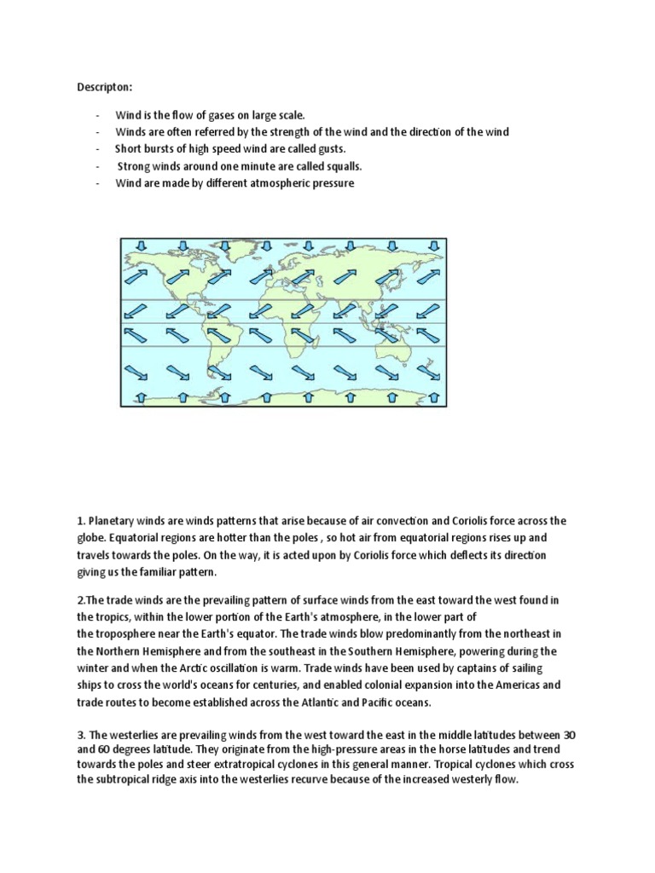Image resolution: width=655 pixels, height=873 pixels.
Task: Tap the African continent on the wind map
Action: (294, 320)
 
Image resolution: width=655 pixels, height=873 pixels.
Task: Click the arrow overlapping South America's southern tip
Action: (218, 373)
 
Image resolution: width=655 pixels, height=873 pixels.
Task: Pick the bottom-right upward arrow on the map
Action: (433, 397)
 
